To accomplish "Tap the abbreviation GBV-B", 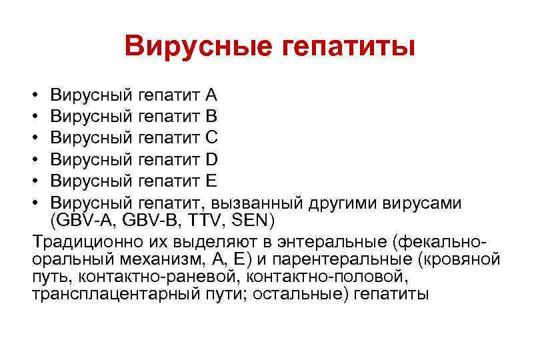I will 151,221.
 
